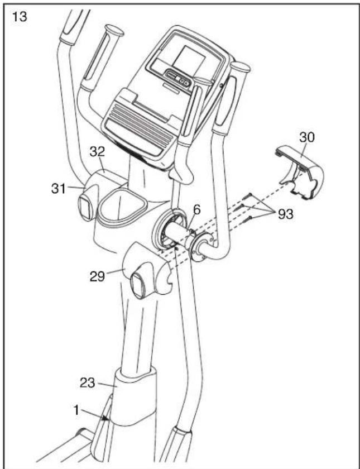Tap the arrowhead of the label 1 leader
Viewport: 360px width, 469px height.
click(x=104, y=417)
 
